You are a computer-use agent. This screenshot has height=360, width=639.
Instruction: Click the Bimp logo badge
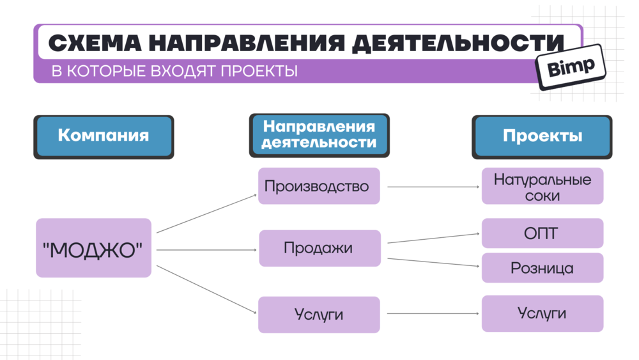(x=571, y=65)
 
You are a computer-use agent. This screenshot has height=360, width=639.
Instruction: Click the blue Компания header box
(x=104, y=136)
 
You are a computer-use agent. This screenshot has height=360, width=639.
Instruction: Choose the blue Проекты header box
(x=542, y=136)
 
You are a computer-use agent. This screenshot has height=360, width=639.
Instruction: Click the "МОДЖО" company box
(x=93, y=248)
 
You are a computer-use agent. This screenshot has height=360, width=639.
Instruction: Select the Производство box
(x=318, y=186)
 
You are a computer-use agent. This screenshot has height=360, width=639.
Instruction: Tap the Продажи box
(x=319, y=248)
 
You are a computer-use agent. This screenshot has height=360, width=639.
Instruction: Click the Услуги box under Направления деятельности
(x=319, y=315)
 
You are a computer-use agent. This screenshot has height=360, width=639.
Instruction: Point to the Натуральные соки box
(x=542, y=187)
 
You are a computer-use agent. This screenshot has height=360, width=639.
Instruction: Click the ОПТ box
(x=542, y=233)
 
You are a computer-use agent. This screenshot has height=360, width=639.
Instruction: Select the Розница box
(x=542, y=268)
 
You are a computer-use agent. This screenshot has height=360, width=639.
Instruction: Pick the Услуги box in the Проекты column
(x=542, y=313)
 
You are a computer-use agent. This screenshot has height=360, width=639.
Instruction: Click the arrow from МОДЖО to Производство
(x=206, y=214)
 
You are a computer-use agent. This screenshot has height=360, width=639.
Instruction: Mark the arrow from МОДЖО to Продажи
(x=206, y=249)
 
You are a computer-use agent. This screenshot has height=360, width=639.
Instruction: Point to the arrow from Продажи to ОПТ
(x=433, y=239)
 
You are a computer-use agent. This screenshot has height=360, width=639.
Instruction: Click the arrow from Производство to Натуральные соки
(x=433, y=187)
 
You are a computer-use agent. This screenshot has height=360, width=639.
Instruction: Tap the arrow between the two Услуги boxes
(x=433, y=314)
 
